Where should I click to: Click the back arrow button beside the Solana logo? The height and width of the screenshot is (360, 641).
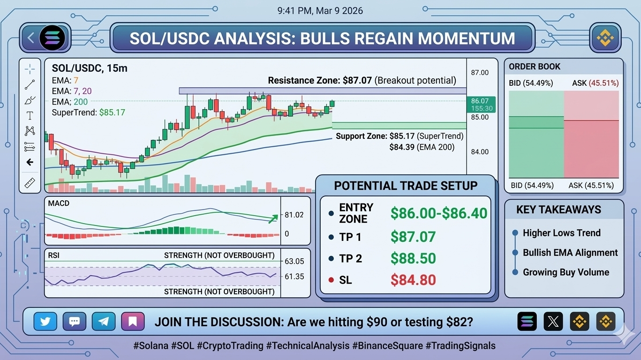[31, 38]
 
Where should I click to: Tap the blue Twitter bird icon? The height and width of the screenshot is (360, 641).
[45, 322]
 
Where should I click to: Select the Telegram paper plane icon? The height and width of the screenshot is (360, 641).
[104, 322]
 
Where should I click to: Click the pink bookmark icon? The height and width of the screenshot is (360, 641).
[133, 322]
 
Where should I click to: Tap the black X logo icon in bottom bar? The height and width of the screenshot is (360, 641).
[553, 322]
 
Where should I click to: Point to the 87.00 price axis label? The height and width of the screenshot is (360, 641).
[480, 73]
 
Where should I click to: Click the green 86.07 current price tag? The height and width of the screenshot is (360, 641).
[481, 105]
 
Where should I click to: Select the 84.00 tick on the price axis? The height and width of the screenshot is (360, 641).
[480, 152]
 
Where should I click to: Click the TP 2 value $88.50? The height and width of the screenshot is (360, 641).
[413, 258]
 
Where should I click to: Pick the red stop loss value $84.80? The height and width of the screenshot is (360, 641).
[413, 279]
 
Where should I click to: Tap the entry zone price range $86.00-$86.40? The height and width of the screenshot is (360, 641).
[439, 213]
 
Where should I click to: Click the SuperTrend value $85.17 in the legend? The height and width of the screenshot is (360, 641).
[112, 112]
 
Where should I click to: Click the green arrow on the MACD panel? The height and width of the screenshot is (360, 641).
[273, 219]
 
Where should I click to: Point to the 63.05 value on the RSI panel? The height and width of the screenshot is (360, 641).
[294, 261]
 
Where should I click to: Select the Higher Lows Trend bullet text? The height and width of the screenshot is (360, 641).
[562, 233]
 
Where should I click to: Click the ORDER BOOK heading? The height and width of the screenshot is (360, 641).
[535, 67]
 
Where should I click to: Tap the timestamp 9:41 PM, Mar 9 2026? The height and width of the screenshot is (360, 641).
[320, 11]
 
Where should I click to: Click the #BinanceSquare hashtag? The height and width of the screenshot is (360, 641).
[387, 345]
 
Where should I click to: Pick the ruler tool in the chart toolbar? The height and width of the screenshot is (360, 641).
[30, 183]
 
